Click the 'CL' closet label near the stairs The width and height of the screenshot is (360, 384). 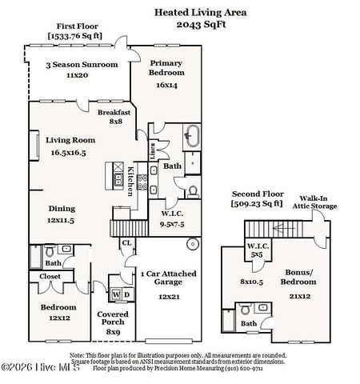pos(126,242)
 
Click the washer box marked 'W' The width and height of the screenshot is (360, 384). pos(115,294)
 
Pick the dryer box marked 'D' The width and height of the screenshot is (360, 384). pos(126,294)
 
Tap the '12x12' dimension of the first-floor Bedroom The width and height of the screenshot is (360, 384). pos(59,317)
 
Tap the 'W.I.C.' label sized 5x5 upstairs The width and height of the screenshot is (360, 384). pos(257,250)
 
